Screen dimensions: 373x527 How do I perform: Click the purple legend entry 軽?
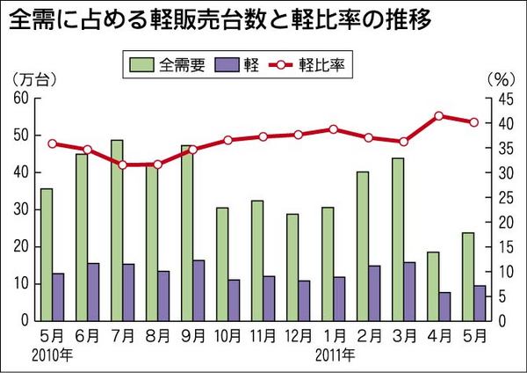click(x=248, y=65)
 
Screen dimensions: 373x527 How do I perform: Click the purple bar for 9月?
click(x=199, y=290)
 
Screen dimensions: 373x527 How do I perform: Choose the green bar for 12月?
click(x=292, y=267)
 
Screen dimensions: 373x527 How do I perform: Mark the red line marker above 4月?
click(x=439, y=115)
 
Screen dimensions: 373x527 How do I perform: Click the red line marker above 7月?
click(x=122, y=165)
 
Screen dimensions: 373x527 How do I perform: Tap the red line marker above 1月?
click(x=333, y=129)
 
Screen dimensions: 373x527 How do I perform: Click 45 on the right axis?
click(x=500, y=99)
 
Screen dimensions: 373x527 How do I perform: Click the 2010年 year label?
click(x=50, y=355)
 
